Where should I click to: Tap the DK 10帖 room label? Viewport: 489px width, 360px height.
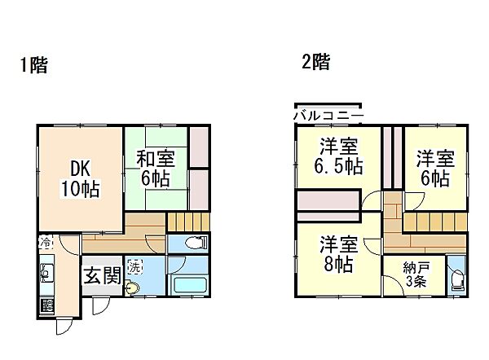[79, 179]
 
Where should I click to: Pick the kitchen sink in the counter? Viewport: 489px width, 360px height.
[46, 274]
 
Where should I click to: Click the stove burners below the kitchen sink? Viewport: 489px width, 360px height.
[46, 305]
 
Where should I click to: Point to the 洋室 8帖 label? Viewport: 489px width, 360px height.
[336, 252]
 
